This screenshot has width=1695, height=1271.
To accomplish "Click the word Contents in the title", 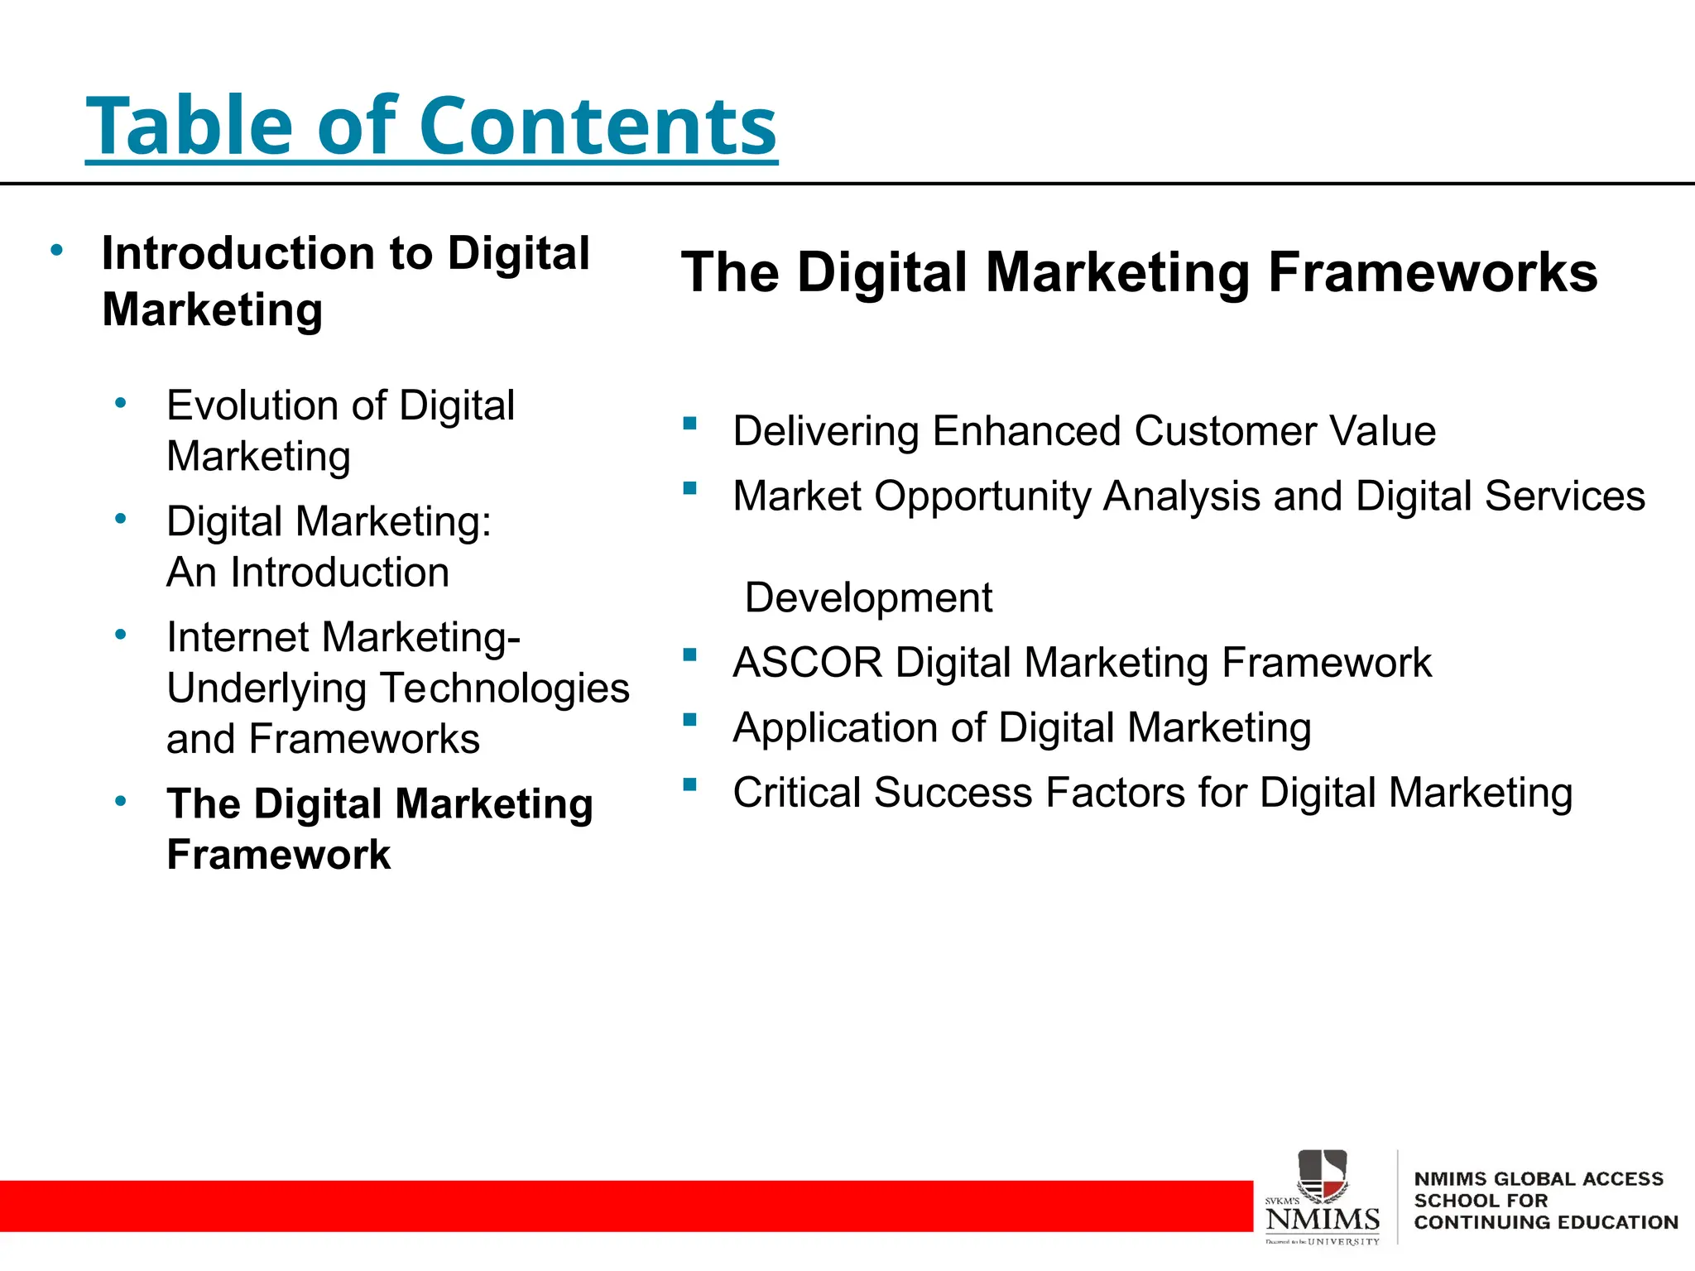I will coord(598,126).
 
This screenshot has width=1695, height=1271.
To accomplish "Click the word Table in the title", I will coord(189,126).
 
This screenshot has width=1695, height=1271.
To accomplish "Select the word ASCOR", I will coord(808,663).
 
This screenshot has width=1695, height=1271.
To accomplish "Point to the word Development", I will coord(868,597).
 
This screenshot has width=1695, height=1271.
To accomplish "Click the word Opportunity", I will coord(982,496).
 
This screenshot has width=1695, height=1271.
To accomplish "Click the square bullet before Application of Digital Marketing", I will coord(689,719).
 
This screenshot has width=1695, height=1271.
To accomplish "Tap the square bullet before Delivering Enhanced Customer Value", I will coord(689,424).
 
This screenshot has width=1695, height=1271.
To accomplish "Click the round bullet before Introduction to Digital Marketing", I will coord(56,250).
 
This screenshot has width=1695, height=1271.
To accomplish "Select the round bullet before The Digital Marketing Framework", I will coord(121,801).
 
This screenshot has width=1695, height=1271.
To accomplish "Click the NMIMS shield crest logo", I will coord(1322,1175).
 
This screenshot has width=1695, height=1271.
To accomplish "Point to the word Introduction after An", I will coord(339,573).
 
